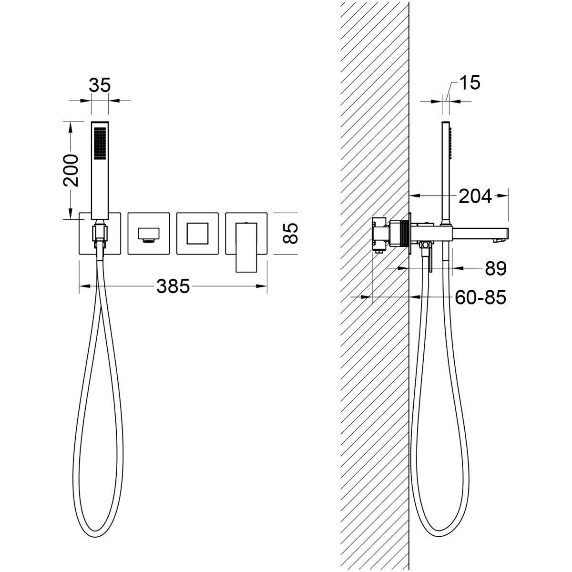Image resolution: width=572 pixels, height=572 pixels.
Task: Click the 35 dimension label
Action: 100,85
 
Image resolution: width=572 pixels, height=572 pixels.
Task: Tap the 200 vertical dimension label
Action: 71,170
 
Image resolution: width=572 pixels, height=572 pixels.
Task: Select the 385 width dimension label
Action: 173,286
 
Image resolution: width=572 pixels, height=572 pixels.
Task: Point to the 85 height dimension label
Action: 290,233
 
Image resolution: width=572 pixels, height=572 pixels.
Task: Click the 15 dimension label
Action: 470,82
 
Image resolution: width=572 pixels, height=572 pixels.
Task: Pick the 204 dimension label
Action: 475,196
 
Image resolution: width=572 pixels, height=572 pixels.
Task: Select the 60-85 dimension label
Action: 480,297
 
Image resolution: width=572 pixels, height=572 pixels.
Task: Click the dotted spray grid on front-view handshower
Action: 100,144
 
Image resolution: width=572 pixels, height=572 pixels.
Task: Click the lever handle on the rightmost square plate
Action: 246,247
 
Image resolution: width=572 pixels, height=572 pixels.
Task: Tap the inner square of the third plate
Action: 197,233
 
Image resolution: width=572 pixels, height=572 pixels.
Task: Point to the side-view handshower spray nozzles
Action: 450,143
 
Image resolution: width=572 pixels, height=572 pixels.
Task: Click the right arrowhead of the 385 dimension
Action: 262,286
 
